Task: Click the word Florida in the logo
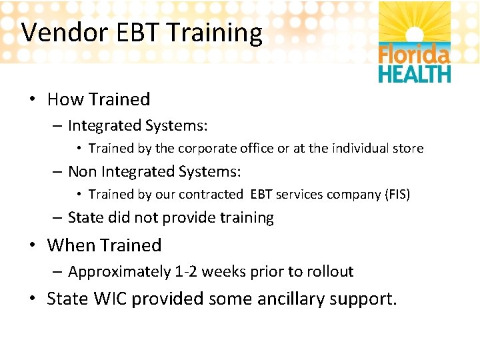414,53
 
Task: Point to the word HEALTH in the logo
414,73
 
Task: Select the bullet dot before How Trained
32,100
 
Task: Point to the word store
408,149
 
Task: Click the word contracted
213,195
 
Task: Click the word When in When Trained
71,245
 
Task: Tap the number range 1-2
186,272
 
